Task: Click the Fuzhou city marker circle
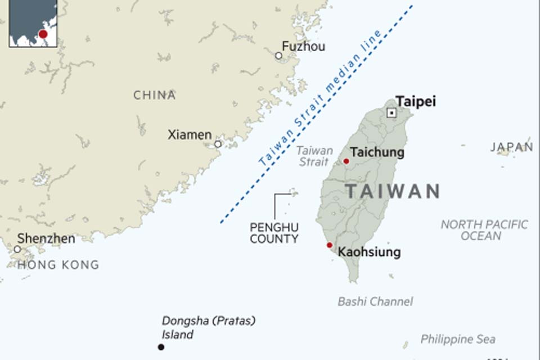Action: [x=278, y=56]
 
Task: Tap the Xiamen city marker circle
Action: [x=218, y=144]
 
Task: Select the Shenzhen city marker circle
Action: [x=17, y=249]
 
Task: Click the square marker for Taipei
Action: [x=391, y=113]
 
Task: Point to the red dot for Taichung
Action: [x=346, y=161]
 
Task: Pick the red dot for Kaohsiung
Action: [x=330, y=245]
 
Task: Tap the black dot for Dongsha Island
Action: [x=161, y=347]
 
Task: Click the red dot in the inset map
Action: [x=43, y=34]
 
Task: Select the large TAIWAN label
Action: [x=393, y=191]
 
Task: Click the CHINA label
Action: [x=155, y=95]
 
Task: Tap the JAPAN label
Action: [x=511, y=147]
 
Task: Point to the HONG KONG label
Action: [x=58, y=264]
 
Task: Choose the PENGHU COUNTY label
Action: [x=274, y=233]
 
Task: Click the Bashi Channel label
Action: [x=375, y=301]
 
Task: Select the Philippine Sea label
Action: [x=458, y=339]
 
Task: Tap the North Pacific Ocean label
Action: [x=484, y=230]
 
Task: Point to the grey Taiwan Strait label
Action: [x=314, y=156]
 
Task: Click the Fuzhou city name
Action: [x=303, y=47]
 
